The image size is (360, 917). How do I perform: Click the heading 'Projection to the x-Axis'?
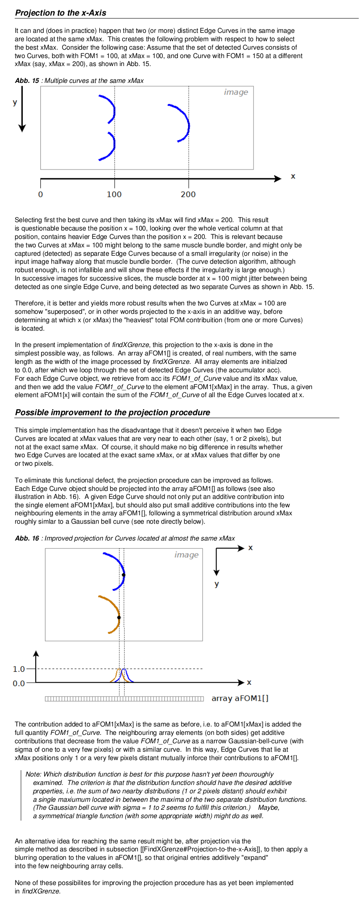coord(61,13)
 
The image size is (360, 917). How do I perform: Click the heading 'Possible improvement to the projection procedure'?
coord(113,412)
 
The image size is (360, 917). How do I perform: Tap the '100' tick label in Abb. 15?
coord(114,194)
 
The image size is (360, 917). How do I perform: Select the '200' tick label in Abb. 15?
coord(188,194)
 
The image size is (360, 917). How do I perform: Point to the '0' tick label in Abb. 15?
coord(40,194)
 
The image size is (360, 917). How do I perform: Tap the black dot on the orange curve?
coord(119,618)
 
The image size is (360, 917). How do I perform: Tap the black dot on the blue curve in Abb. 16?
coord(124,575)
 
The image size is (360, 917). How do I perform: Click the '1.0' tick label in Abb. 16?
coord(19,669)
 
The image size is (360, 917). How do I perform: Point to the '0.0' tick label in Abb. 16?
coord(19,683)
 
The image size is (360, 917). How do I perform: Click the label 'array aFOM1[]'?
coord(240,698)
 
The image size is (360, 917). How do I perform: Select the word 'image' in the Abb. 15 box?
coord(236,92)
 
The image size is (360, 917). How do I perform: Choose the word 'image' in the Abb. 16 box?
coord(186,555)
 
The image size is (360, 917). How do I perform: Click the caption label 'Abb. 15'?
coord(27,81)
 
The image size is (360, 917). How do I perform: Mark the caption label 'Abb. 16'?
coord(27,538)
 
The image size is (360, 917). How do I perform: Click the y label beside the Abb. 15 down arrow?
coord(15,102)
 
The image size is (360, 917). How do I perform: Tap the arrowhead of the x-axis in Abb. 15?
coord(278,179)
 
